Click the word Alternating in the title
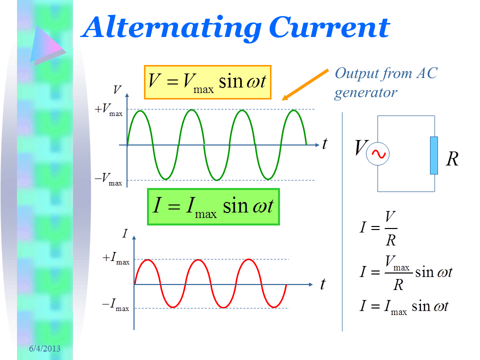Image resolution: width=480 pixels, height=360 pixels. (x=172, y=28)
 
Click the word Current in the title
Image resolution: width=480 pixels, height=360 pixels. (x=329, y=27)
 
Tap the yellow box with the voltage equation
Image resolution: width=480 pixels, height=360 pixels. (x=208, y=82)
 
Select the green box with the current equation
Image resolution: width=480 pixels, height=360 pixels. (x=213, y=207)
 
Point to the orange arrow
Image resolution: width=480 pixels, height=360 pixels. (x=305, y=84)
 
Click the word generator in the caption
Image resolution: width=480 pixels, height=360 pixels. (x=365, y=93)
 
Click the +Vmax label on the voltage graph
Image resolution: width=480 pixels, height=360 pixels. (x=108, y=110)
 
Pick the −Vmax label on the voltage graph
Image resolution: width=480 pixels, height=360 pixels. (x=108, y=179)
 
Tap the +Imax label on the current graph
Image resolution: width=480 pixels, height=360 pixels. (x=115, y=258)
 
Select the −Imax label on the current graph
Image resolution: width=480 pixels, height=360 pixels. (x=115, y=305)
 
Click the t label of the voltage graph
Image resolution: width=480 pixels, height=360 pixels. (x=325, y=143)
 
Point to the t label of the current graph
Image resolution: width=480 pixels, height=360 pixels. (x=323, y=284)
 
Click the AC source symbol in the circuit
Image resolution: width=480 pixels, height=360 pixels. (x=378, y=154)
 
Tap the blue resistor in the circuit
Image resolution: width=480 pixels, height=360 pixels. (x=434, y=155)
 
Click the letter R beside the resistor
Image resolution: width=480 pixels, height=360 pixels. (x=452, y=159)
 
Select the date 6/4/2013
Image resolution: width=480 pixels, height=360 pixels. (x=44, y=348)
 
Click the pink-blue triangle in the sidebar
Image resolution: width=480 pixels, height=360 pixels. (x=47, y=45)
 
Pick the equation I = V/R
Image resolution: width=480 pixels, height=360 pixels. (x=378, y=228)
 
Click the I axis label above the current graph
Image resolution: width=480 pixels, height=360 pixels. (x=124, y=233)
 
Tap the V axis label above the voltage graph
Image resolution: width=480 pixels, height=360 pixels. (x=117, y=89)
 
